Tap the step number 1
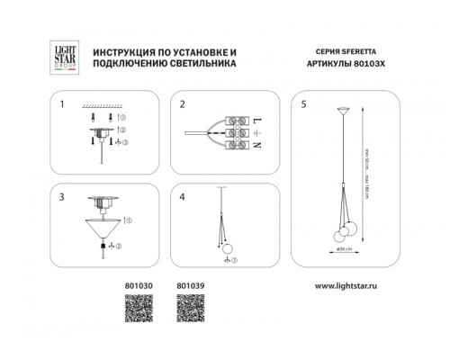(63, 103)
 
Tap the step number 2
(182, 103)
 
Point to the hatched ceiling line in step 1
(108, 104)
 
